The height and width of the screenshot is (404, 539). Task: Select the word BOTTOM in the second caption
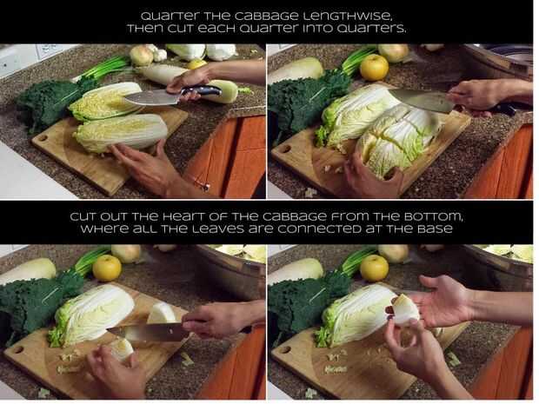[433, 217]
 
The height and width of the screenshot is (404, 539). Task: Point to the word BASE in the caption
[435, 228]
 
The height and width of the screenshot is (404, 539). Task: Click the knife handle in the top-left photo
[201, 91]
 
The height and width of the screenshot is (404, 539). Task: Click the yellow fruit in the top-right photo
[374, 68]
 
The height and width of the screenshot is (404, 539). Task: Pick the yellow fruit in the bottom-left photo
[107, 268]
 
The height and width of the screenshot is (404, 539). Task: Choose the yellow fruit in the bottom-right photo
[374, 268]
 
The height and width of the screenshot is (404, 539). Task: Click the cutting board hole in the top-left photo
[43, 138]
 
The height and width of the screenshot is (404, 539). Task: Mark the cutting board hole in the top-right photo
[286, 149]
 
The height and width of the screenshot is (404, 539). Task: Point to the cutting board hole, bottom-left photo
[17, 350]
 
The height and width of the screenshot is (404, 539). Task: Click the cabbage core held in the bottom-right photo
[406, 309]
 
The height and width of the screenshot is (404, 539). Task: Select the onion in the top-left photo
[142, 56]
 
